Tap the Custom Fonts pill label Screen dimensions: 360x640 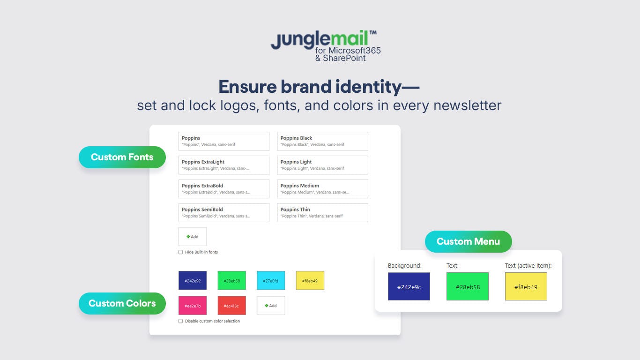tap(122, 157)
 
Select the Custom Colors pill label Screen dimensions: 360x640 tap(122, 303)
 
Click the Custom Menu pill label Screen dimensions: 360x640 tap(468, 241)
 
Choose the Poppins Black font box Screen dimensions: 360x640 tap(322, 141)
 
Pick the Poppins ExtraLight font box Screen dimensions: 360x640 tap(224, 165)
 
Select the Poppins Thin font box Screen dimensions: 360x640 tap(322, 212)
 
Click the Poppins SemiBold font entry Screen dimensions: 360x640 tap(224, 212)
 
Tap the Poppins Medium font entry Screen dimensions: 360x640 tap(322, 189)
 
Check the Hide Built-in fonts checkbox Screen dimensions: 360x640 tap(181, 252)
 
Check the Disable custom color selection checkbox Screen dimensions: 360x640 tap(181, 321)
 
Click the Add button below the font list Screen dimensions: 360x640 tap(193, 237)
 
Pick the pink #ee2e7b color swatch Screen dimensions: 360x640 tap(193, 306)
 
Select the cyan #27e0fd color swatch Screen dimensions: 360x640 tap(271, 280)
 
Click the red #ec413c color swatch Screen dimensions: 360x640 tap(231, 306)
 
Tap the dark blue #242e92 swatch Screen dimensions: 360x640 tap(193, 280)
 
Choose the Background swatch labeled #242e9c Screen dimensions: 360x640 tap(409, 286)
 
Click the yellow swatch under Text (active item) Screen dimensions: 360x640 tap(526, 286)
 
